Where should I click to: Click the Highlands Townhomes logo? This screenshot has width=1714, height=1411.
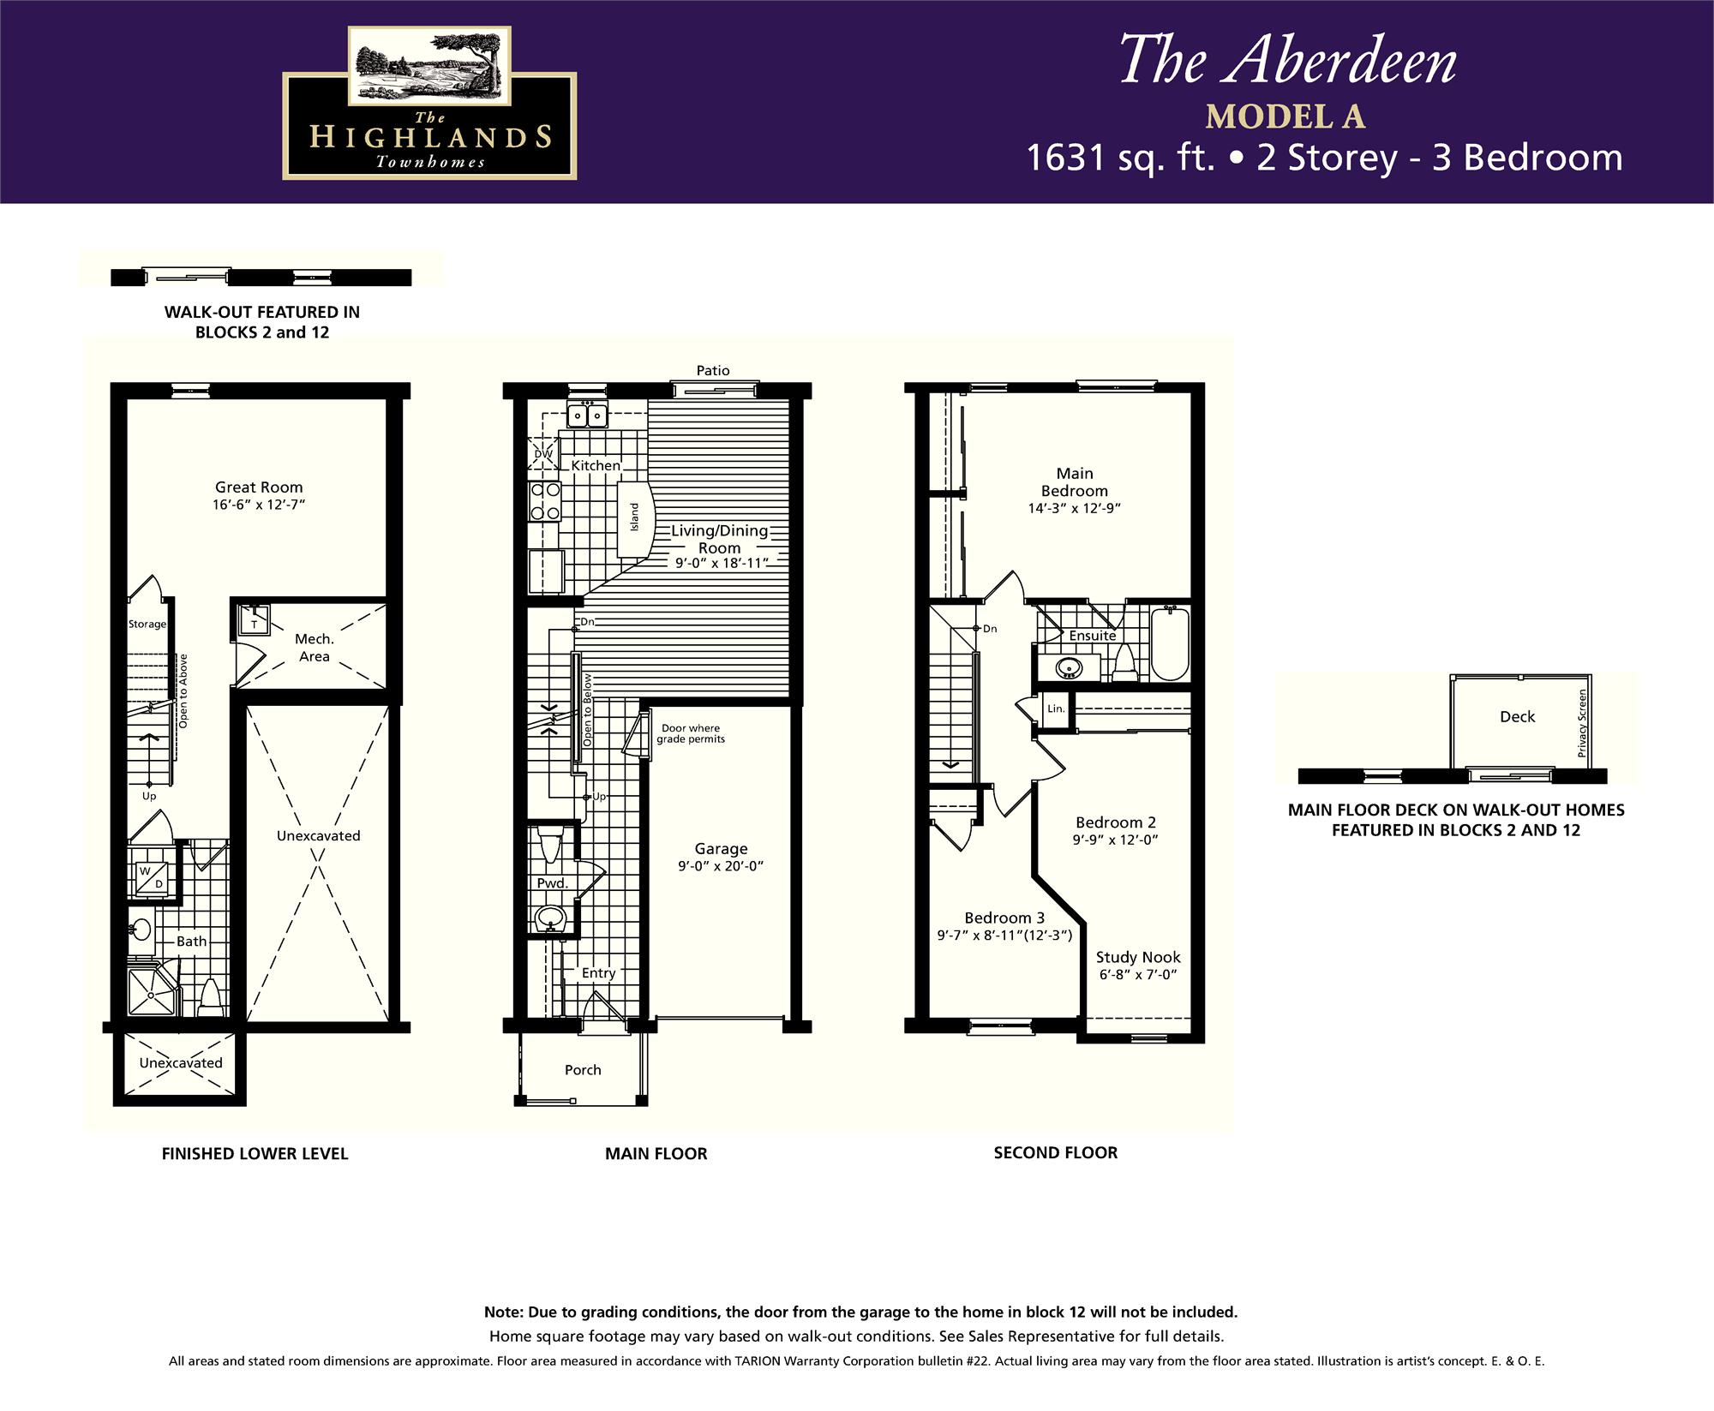429,104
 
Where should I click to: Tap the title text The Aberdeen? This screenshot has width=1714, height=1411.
1287,61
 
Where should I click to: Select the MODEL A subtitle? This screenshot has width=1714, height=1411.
1285,117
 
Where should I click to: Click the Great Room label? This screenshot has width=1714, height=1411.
259,487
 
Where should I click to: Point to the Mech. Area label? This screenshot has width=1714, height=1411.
314,648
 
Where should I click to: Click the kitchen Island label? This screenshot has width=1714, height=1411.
635,517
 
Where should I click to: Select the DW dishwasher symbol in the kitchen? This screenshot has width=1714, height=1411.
543,454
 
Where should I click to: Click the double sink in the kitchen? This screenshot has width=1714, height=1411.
587,416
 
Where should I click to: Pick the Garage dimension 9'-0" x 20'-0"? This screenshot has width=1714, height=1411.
720,866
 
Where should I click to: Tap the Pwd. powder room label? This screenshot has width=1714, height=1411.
552,883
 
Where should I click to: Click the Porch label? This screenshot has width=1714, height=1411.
583,1070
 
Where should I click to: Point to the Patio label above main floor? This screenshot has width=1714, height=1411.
713,370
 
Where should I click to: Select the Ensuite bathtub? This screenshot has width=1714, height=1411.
1169,643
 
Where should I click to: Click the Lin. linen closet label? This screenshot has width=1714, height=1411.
1056,708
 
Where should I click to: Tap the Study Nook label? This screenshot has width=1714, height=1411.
1138,957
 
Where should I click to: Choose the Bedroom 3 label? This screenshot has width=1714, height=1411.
1004,918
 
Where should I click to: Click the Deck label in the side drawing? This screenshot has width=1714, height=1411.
1517,717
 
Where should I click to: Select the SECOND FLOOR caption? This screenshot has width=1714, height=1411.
1055,1153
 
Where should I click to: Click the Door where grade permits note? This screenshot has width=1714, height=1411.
691,733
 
